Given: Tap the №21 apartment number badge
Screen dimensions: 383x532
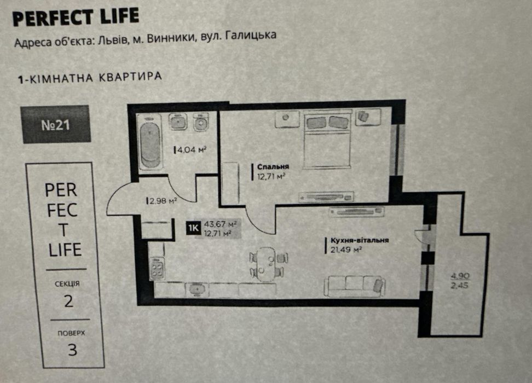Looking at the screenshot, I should [55, 125].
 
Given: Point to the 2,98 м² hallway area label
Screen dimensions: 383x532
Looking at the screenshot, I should [162, 201].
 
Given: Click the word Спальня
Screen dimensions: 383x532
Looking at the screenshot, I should [274, 167].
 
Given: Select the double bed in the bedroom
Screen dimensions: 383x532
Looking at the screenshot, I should [327, 138].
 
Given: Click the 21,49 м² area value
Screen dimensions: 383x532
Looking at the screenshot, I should [344, 249].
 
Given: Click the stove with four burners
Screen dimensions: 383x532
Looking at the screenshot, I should [157, 269].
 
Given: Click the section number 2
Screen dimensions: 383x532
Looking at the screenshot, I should [68, 301].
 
